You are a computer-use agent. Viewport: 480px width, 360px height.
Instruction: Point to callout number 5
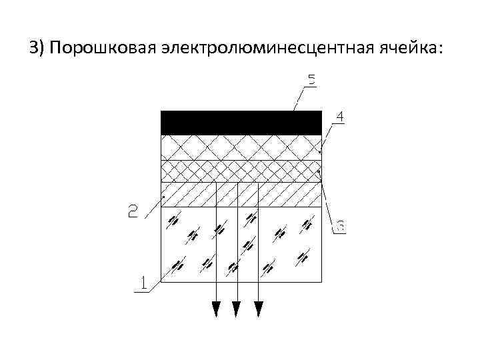click(x=311, y=81)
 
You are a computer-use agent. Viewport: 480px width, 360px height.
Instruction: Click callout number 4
click(x=339, y=117)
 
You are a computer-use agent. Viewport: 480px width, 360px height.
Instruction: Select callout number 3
click(x=339, y=227)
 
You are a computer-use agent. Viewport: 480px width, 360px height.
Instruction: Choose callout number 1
click(x=141, y=282)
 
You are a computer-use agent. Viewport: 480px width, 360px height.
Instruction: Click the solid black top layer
click(x=241, y=123)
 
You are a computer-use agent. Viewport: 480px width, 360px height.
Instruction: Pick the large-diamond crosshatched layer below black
click(x=241, y=147)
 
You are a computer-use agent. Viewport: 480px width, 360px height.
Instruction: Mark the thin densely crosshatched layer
click(x=241, y=171)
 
